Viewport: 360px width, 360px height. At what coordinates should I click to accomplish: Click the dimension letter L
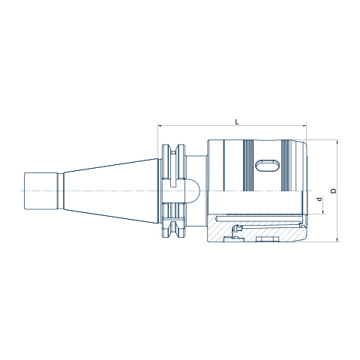click(237, 121)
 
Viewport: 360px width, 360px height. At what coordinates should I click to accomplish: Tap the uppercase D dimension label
click(333, 190)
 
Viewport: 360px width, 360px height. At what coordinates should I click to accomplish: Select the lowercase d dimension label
click(319, 199)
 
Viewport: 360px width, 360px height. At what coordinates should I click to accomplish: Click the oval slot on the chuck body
click(267, 165)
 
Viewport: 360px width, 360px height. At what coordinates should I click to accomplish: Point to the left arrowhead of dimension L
click(160, 126)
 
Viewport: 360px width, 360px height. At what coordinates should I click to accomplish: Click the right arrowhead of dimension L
click(304, 126)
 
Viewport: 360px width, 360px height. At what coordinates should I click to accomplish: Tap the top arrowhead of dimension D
click(337, 142)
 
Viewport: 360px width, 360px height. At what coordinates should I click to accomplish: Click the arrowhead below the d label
click(323, 212)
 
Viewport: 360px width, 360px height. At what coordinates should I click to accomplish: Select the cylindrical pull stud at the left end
click(41, 191)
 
